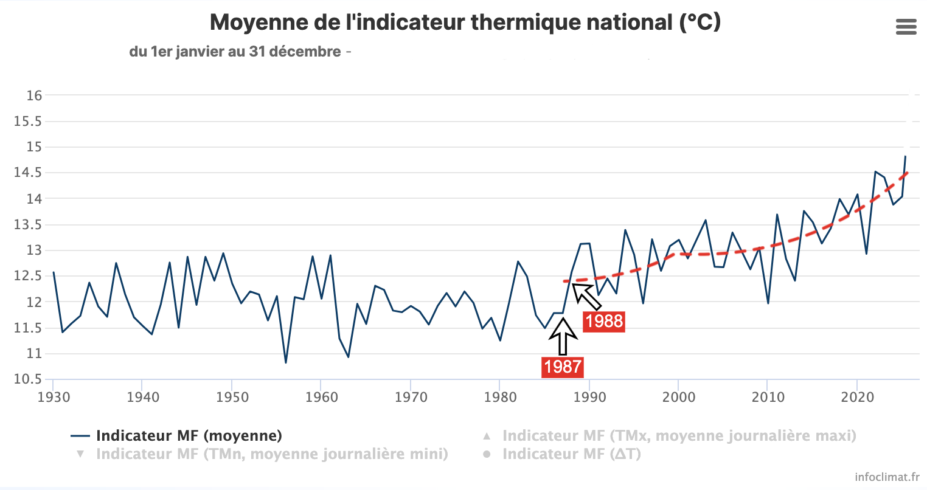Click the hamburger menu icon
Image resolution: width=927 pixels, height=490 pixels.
pos(906,27)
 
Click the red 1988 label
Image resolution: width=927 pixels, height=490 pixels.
pos(604,321)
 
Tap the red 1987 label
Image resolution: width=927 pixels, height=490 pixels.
pos(563,367)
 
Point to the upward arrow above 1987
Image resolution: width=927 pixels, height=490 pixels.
pos(563,337)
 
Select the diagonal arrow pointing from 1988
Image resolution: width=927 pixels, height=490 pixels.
pos(586,297)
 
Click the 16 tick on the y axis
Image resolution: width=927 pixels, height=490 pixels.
pos(34,95)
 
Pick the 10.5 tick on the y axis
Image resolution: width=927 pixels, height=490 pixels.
pos(28,379)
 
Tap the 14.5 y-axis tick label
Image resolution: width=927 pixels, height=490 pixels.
pos(28,173)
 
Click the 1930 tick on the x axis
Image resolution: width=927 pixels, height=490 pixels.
pos(54,398)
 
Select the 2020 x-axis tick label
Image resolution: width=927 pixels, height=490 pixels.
pos(857,398)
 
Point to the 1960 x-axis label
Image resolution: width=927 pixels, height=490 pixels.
pos(322,398)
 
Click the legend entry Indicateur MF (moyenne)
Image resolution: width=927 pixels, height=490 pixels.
pos(176,435)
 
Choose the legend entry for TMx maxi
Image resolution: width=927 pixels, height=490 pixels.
pos(669,435)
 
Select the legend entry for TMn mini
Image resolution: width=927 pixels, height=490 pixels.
pos(262,454)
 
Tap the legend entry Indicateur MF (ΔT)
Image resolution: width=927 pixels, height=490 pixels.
pos(561,454)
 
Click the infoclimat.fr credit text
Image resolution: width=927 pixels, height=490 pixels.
pos(887,477)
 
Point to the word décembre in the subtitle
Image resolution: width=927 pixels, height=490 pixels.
pos(305,52)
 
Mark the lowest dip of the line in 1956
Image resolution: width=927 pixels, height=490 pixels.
pos(286,363)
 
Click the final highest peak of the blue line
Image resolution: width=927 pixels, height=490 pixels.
pos(906,156)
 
